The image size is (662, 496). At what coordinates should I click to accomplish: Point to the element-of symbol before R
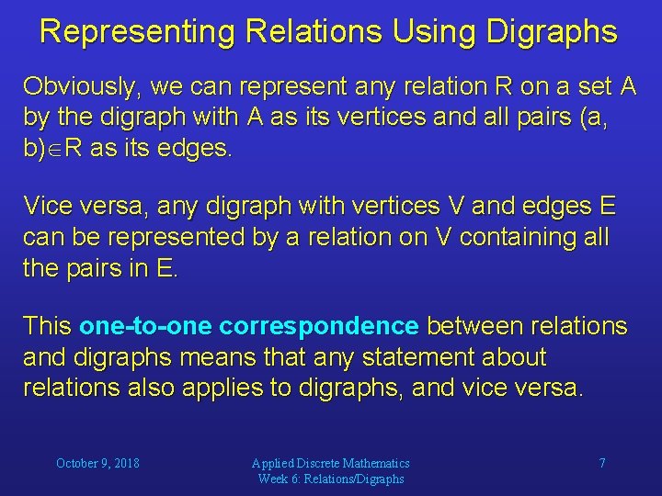55,151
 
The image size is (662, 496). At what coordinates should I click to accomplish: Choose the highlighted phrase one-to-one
145,326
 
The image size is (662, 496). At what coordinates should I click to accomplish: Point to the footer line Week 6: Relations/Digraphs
331,479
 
